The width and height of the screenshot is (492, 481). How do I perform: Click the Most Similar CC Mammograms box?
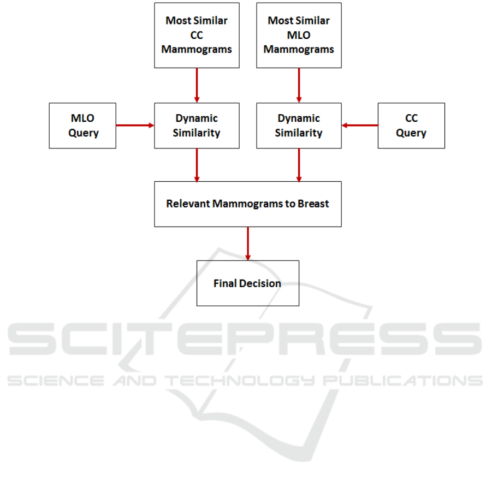[x=197, y=35]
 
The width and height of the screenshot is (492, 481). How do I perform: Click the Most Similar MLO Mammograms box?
[x=299, y=35]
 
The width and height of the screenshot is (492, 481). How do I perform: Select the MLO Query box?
[x=82, y=126]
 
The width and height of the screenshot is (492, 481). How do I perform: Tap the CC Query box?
[x=411, y=126]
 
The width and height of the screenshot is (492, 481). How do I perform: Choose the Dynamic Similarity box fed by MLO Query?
[x=197, y=126]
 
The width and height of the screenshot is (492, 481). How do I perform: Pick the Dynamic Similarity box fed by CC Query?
[x=299, y=126]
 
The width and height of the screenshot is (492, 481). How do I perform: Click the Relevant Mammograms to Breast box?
[x=247, y=204]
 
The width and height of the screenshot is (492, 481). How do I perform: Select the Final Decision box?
[x=247, y=283]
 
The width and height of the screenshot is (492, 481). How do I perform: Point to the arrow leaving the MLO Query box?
[x=135, y=126]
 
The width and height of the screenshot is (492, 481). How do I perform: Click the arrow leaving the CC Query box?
[x=359, y=126]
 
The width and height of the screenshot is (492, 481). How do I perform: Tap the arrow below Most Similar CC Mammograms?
[x=197, y=85]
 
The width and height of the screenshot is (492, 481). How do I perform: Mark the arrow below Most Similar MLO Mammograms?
[x=299, y=85]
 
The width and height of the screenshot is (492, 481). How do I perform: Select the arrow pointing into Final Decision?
[x=248, y=244]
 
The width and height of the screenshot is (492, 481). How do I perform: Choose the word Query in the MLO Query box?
[x=83, y=133]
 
